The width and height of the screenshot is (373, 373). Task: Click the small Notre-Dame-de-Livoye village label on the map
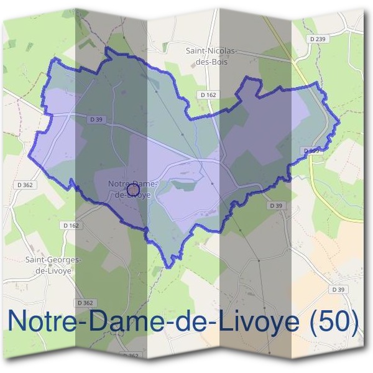[133, 188]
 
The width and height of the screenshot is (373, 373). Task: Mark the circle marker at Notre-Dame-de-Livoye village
[132, 188]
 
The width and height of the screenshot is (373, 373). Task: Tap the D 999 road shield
[313, 151]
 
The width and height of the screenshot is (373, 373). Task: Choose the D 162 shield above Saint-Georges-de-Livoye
[70, 225]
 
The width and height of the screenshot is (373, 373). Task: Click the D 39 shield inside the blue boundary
[95, 119]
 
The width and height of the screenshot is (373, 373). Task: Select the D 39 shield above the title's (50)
[338, 290]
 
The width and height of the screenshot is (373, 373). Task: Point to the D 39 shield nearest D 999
[276, 205]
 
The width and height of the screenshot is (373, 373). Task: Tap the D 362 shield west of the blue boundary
[25, 185]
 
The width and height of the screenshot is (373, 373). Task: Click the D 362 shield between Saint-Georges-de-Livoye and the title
[85, 303]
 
